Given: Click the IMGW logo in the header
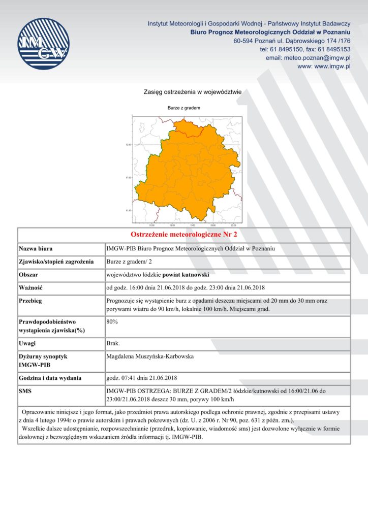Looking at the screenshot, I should pyautogui.click(x=43, y=44).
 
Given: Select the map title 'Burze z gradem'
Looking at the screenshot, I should pyautogui.click(x=184, y=108).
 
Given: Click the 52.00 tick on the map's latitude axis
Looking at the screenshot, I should pyautogui.click(x=128, y=145).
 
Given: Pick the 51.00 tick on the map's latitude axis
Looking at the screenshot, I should pyautogui.click(x=128, y=210).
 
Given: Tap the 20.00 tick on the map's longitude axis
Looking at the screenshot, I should pyautogui.click(x=213, y=224).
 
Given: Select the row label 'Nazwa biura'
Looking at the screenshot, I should pyautogui.click(x=36, y=249).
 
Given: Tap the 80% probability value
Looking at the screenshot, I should pyautogui.click(x=112, y=321).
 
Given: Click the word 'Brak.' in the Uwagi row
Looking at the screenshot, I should pyautogui.click(x=113, y=344).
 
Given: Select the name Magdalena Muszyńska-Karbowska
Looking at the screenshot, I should pyautogui.click(x=150, y=356).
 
